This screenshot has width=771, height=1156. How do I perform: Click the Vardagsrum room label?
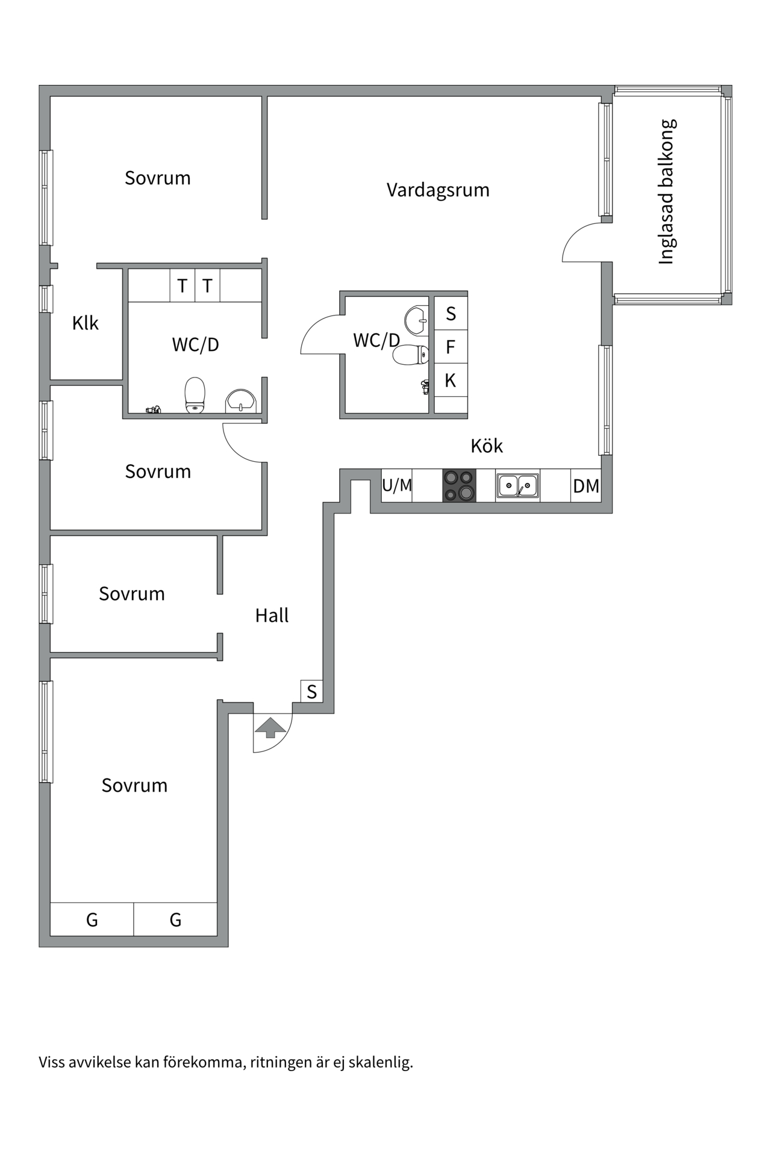(x=438, y=190)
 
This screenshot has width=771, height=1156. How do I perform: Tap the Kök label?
(x=487, y=446)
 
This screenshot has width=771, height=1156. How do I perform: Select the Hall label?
(x=272, y=615)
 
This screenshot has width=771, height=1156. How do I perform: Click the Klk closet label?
(x=85, y=323)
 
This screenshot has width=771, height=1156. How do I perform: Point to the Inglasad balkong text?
(x=667, y=192)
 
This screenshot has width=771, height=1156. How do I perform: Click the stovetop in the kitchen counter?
(x=460, y=485)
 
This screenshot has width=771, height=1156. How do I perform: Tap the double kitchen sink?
(x=517, y=486)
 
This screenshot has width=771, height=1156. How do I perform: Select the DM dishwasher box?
(x=586, y=485)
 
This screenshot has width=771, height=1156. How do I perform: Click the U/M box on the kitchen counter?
(x=397, y=485)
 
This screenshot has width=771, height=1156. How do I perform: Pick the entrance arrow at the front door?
(x=270, y=727)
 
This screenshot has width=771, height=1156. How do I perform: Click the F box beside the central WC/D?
(x=451, y=347)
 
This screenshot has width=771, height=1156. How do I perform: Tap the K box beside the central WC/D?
(x=451, y=381)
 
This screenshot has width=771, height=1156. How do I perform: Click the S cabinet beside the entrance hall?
(x=311, y=691)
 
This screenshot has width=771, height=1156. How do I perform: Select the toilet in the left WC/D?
(x=195, y=395)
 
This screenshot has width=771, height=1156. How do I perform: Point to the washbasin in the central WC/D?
(x=416, y=320)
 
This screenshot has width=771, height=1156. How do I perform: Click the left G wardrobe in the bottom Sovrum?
(x=92, y=919)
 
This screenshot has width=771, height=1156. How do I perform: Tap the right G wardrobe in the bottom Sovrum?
(x=175, y=919)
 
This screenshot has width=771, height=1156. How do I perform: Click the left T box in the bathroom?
(x=182, y=285)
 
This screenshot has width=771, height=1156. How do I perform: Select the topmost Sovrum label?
(x=158, y=178)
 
